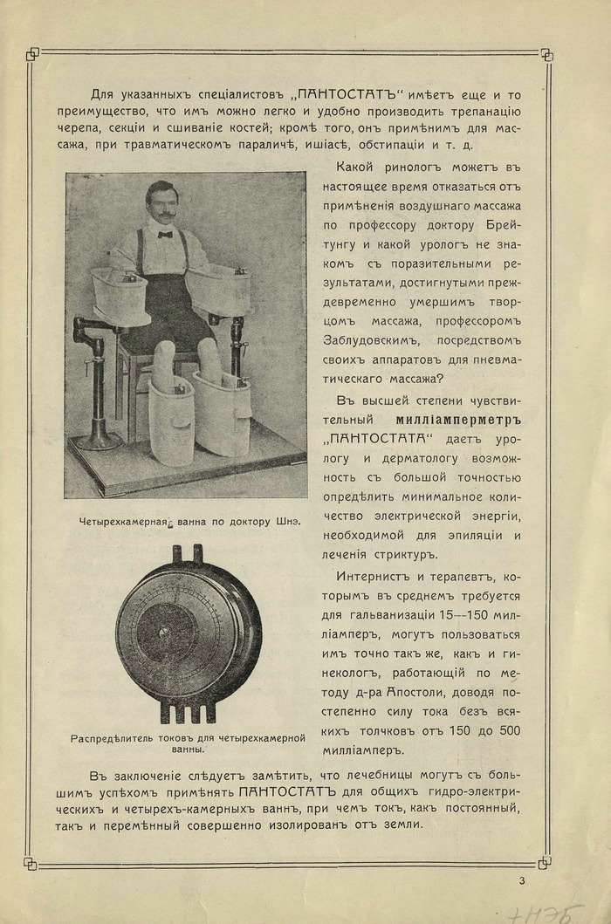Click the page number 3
click(x=521, y=880)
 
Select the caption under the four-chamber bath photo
click(x=185, y=521)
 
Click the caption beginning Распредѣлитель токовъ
click(x=188, y=743)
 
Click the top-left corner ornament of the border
click(x=32, y=54)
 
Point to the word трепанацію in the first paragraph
click(x=484, y=112)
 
